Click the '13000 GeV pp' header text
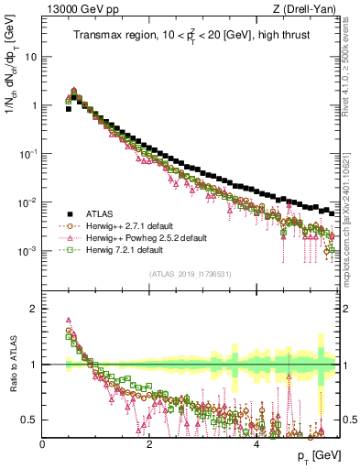(76, 10)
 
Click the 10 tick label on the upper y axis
(32, 56)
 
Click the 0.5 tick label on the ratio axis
(30, 420)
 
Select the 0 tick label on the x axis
(42, 443)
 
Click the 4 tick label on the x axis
(256, 443)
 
